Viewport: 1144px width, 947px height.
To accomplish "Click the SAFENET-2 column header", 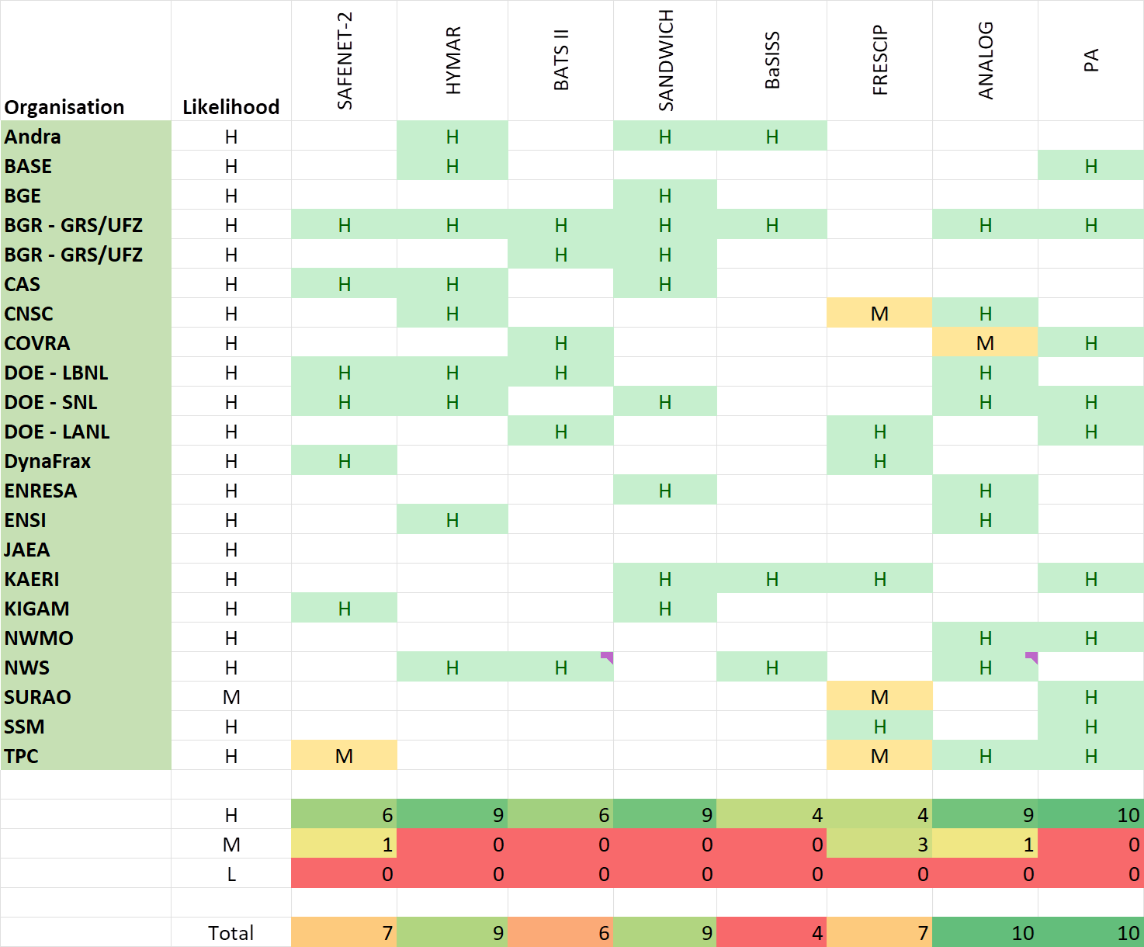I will (345, 61).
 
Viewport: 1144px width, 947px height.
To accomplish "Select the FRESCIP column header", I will (880, 61).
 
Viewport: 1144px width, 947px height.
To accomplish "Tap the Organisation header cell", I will (64, 107).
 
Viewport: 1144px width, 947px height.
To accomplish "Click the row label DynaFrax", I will (48, 462).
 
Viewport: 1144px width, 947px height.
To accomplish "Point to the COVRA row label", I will (37, 344).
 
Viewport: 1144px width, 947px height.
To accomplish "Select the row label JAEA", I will (27, 550).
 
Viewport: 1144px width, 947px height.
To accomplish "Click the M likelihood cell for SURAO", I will (231, 698).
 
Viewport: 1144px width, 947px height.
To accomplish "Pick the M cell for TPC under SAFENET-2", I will (344, 757).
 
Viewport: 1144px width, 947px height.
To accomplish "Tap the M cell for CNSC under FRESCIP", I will (879, 314).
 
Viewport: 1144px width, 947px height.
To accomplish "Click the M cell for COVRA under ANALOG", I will (985, 344).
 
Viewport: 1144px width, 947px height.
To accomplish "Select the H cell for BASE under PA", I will (1090, 167).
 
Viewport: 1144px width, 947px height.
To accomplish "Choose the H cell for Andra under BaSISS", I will (771, 137).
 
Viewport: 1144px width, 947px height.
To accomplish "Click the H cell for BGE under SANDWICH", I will (665, 196).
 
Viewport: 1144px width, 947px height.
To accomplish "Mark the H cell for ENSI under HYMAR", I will (452, 521).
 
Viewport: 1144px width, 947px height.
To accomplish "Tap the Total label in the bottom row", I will (231, 933).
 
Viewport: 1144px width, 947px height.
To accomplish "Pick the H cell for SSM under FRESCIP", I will (879, 727).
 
